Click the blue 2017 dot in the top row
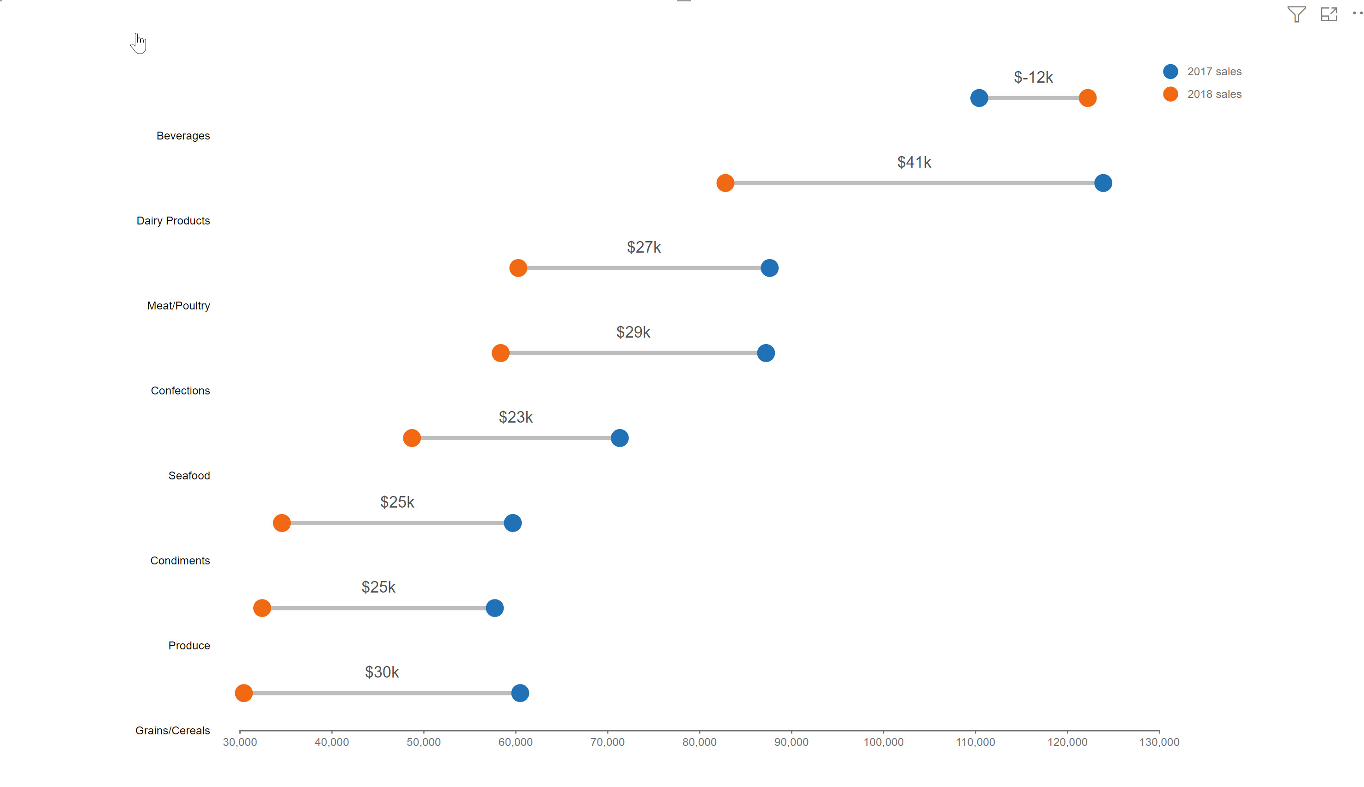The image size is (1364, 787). click(979, 98)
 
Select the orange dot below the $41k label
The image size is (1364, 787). click(725, 183)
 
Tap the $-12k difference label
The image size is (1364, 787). click(1033, 77)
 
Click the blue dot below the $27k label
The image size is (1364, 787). click(769, 267)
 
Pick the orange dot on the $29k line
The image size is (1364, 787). click(500, 353)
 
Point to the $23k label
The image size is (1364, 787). click(515, 417)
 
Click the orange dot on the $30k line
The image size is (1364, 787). click(244, 692)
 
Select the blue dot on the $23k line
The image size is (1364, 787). click(619, 438)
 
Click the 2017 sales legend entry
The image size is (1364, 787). click(1213, 71)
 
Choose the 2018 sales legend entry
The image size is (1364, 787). click(1213, 94)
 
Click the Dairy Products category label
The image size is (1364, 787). click(173, 220)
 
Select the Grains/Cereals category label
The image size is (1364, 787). click(172, 730)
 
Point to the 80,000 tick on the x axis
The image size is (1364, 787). click(699, 742)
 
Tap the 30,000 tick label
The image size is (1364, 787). click(239, 742)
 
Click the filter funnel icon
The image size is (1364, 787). click(1296, 14)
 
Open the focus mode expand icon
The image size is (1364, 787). click(1328, 14)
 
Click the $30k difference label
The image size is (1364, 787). click(382, 672)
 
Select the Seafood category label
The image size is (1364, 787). click(189, 476)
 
